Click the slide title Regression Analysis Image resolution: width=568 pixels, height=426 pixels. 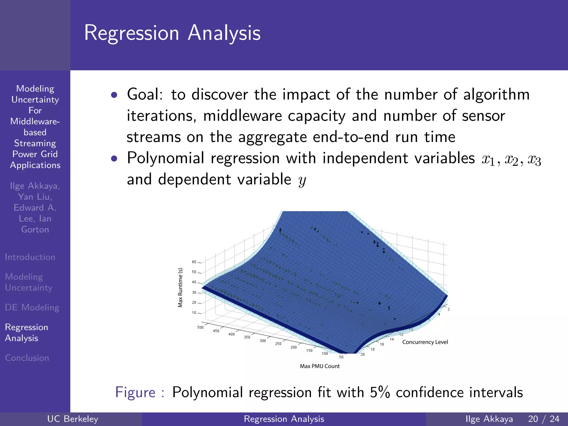click(172, 33)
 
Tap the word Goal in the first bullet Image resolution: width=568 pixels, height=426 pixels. click(144, 94)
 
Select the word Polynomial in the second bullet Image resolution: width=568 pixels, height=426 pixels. click(166, 158)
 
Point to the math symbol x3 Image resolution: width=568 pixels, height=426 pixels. click(534, 160)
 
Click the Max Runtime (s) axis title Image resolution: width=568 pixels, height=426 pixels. click(180, 288)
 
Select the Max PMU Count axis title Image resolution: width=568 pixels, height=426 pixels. click(319, 366)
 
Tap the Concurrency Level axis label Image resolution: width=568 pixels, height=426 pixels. click(425, 342)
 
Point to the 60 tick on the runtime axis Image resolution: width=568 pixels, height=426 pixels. click(194, 262)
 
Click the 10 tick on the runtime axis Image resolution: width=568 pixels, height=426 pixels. click(194, 313)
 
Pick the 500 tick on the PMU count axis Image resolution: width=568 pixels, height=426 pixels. click(200, 327)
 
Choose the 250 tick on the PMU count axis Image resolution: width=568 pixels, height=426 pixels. click(278, 344)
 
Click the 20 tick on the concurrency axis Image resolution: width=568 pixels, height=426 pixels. click(362, 354)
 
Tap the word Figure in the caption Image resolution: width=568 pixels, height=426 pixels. click(135, 392)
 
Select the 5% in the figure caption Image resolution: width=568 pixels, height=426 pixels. click(380, 392)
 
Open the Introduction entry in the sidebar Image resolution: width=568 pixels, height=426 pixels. click(30, 257)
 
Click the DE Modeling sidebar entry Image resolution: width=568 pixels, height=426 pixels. click(32, 308)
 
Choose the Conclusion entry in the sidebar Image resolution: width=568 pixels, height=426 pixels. click(27, 358)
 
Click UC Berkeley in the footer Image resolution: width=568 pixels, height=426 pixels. click(73, 419)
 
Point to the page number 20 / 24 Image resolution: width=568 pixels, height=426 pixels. click(544, 419)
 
